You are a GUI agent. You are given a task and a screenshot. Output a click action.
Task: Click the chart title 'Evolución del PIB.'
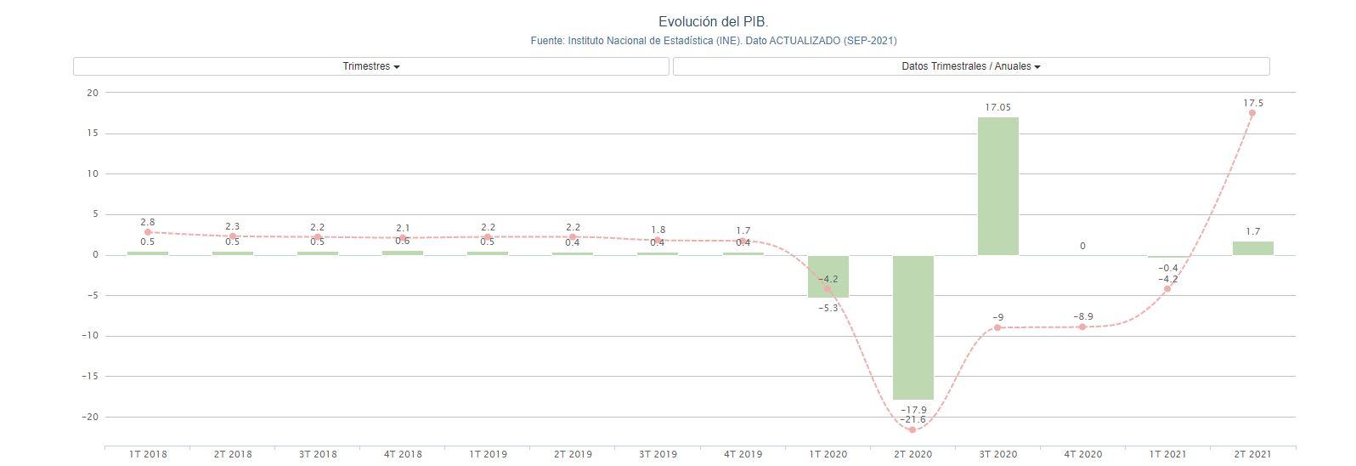[x=713, y=21]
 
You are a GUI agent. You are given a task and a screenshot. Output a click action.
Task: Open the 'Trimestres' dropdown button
[x=371, y=66]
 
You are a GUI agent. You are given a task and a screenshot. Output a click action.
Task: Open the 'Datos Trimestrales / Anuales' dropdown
[x=971, y=66]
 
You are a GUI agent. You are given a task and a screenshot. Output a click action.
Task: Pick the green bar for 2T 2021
[x=1252, y=248]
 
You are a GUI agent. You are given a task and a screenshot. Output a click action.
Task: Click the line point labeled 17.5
[x=1252, y=113]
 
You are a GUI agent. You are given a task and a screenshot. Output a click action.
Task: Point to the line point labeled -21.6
[x=912, y=429]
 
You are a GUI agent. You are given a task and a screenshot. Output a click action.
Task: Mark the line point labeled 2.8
[x=148, y=232]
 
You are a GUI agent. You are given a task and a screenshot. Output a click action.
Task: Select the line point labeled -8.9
[x=1082, y=327]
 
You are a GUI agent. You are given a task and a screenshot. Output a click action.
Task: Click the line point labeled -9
[x=997, y=327]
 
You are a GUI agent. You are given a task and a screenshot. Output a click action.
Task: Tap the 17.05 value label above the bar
[x=997, y=107]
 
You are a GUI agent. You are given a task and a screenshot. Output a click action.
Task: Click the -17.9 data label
[x=912, y=410]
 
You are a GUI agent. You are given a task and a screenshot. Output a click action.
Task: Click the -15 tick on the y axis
[x=88, y=376]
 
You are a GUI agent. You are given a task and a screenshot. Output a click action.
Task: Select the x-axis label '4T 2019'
[x=743, y=454]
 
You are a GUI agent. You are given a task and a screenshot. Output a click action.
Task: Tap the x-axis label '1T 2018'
[x=148, y=454]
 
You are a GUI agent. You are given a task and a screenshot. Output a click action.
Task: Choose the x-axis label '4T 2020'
[x=1082, y=454]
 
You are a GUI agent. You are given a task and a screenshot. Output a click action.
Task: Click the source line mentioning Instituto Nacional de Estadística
[x=713, y=41]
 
